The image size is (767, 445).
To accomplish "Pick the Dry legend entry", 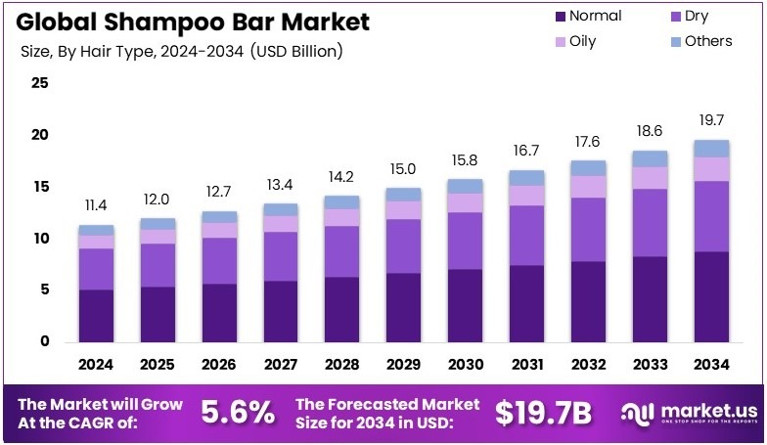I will click(693, 16).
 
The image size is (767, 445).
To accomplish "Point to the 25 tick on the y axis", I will click(39, 83).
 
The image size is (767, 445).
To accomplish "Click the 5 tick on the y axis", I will click(43, 290).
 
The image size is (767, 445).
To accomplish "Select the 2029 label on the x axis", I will click(403, 364).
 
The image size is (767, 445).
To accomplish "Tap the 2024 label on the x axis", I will click(96, 364).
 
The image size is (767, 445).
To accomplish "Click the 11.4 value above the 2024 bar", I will click(96, 205).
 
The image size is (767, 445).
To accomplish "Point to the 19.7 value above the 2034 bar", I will click(711, 120).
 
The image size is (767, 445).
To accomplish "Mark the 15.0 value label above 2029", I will click(403, 168).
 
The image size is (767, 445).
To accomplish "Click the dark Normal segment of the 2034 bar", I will click(711, 296).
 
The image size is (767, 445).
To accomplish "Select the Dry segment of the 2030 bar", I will click(465, 241).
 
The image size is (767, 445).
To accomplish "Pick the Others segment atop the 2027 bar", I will click(280, 209).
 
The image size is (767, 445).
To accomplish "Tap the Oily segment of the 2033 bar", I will click(650, 177).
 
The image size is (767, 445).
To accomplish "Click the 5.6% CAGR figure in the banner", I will click(238, 413).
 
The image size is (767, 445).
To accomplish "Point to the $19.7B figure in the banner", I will click(543, 413).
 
